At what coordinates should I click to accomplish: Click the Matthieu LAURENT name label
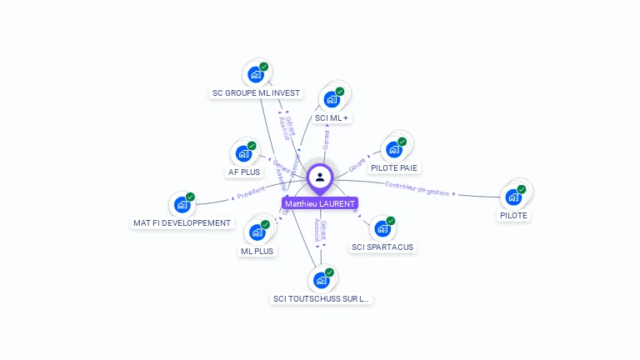pos(320,203)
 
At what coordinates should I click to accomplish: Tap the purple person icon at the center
pos(320,177)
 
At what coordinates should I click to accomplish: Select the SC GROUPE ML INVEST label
pos(256,93)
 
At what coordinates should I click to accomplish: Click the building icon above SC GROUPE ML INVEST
pos(256,74)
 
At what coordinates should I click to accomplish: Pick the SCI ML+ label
pos(332,118)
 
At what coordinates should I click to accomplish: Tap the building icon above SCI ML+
pos(332,99)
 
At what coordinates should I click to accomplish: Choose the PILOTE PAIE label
pos(395,167)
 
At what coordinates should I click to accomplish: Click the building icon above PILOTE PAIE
pos(395,149)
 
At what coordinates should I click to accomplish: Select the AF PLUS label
pos(244,172)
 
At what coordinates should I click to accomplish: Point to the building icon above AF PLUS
pos(244,153)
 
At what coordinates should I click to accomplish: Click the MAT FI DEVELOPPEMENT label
pos(182,222)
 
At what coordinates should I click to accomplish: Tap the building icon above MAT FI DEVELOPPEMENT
pos(182,204)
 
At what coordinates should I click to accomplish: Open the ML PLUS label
pos(257,251)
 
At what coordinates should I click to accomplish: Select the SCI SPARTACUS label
pos(382,247)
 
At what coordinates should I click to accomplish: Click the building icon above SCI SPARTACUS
pos(382,227)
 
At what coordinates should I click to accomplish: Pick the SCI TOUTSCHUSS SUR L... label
pos(322,298)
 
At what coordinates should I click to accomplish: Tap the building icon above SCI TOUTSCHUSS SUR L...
pos(322,279)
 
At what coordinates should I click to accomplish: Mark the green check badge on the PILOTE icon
pos(522,189)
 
